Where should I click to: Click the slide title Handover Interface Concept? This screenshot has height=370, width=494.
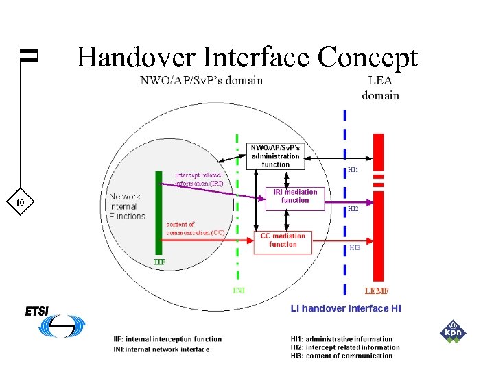click(x=247, y=58)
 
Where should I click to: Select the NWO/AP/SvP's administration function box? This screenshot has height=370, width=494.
click(x=275, y=156)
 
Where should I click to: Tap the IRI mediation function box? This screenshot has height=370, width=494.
click(x=295, y=197)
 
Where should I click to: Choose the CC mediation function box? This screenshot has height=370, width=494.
click(x=283, y=241)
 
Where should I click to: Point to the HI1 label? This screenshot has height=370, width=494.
click(x=353, y=169)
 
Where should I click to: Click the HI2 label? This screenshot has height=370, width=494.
click(x=353, y=208)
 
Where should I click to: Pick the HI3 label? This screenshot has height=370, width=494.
click(x=355, y=247)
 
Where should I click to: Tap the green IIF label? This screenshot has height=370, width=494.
click(x=159, y=262)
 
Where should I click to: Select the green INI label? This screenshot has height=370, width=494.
click(x=239, y=291)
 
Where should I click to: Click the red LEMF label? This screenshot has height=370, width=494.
click(x=377, y=292)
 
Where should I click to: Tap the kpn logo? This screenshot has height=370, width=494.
click(x=452, y=332)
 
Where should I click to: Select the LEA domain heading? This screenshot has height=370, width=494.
click(x=380, y=88)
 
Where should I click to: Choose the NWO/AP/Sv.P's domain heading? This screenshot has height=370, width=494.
click(x=201, y=80)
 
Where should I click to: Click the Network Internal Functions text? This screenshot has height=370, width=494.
click(x=127, y=206)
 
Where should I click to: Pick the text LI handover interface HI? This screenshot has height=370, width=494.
click(x=346, y=309)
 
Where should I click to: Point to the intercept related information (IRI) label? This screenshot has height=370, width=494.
click(x=198, y=179)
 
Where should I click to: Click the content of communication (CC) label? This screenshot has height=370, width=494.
click(x=196, y=228)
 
